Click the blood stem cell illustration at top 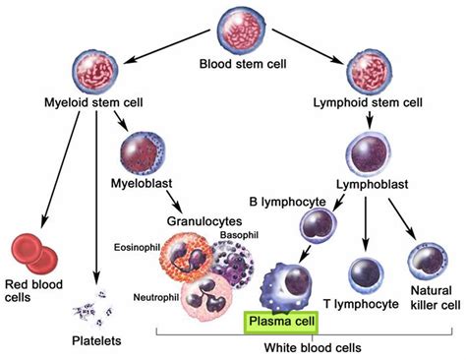point(233,32)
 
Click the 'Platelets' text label point(95,340)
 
